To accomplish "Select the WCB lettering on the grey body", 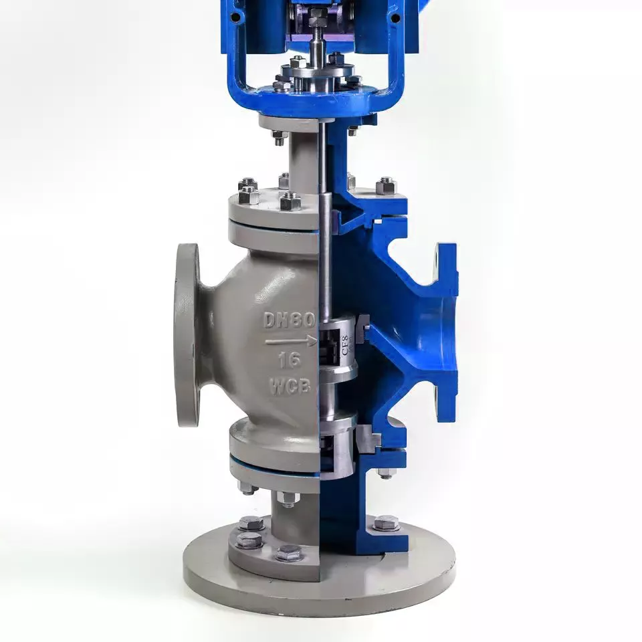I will tap(290, 386).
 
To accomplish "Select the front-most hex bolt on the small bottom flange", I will tap(288, 552).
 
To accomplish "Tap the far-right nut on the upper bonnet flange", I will tap(386, 186).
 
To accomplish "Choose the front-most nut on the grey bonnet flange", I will tap(289, 201).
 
